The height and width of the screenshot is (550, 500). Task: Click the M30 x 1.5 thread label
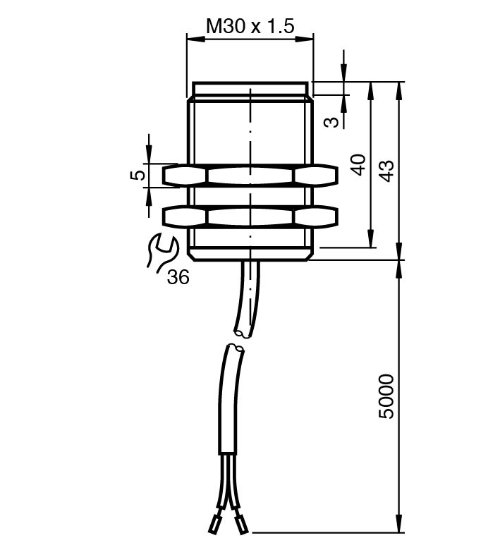point(250,26)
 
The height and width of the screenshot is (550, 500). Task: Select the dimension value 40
point(359,164)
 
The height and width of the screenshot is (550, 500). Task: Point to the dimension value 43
point(387,171)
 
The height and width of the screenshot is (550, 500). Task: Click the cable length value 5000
point(386,397)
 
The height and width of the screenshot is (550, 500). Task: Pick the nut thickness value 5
point(139,174)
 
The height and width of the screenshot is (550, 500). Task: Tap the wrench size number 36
point(178,277)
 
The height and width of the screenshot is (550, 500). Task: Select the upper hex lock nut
point(250,175)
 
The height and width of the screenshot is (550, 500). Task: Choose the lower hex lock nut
point(250,216)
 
